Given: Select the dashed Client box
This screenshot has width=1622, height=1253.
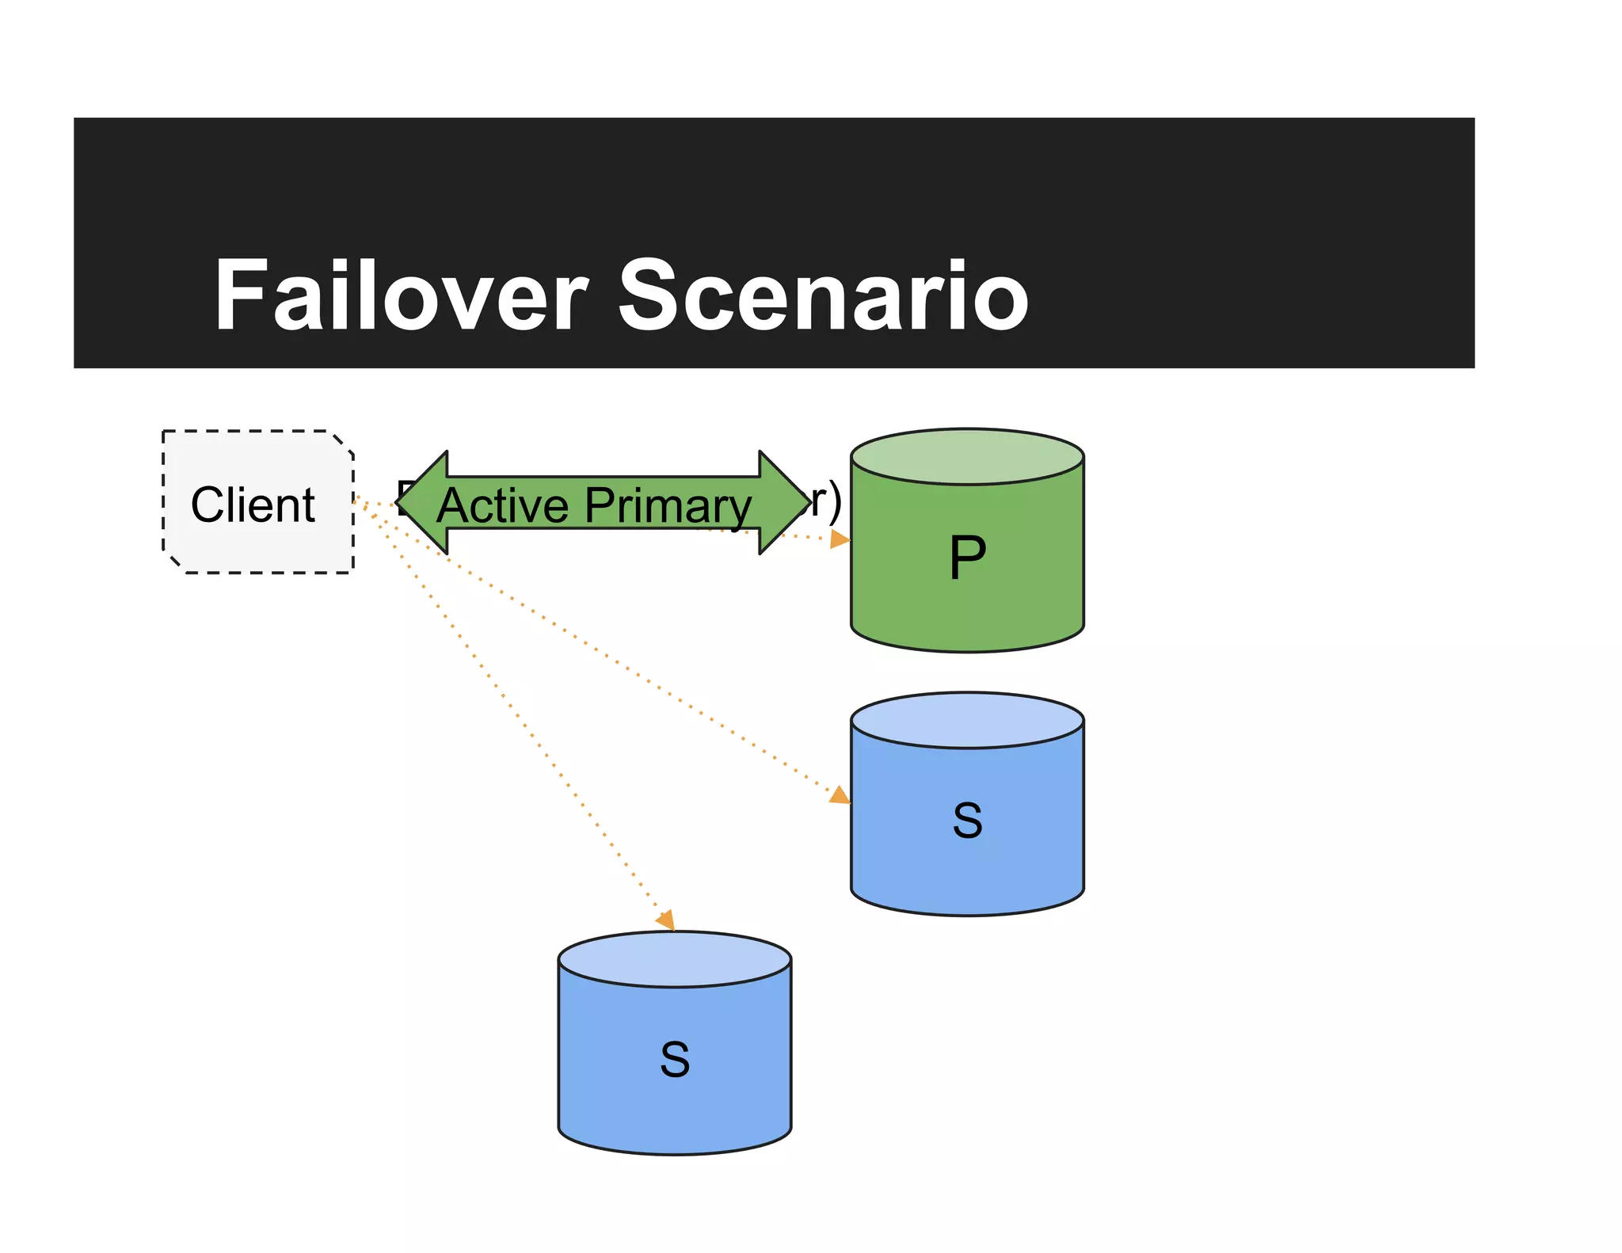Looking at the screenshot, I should pyautogui.click(x=258, y=547).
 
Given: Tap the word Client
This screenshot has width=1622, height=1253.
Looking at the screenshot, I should pyautogui.click(x=253, y=505).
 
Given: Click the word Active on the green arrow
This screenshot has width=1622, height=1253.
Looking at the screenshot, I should pyautogui.click(x=502, y=505).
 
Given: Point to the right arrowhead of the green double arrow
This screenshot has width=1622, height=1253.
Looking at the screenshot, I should pyautogui.click(x=784, y=502).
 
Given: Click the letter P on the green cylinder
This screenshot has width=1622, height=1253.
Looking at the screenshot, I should pyautogui.click(x=967, y=558).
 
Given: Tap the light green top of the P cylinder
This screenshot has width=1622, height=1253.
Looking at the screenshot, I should pyautogui.click(x=967, y=456).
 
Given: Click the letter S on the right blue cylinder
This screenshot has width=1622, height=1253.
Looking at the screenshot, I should pyautogui.click(x=967, y=821).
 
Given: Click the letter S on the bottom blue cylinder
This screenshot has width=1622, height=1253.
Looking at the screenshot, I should pyautogui.click(x=675, y=1060).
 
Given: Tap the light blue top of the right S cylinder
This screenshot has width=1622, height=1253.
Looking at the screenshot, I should pyautogui.click(x=967, y=720).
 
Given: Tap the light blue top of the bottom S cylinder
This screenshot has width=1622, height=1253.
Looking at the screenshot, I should pyautogui.click(x=675, y=959).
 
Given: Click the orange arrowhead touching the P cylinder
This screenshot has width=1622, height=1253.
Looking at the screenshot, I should pyautogui.click(x=840, y=539).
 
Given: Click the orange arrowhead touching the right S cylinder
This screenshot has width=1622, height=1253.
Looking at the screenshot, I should pyautogui.click(x=840, y=794).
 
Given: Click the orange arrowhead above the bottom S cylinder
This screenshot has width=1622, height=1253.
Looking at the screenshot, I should pyautogui.click(x=666, y=920).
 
